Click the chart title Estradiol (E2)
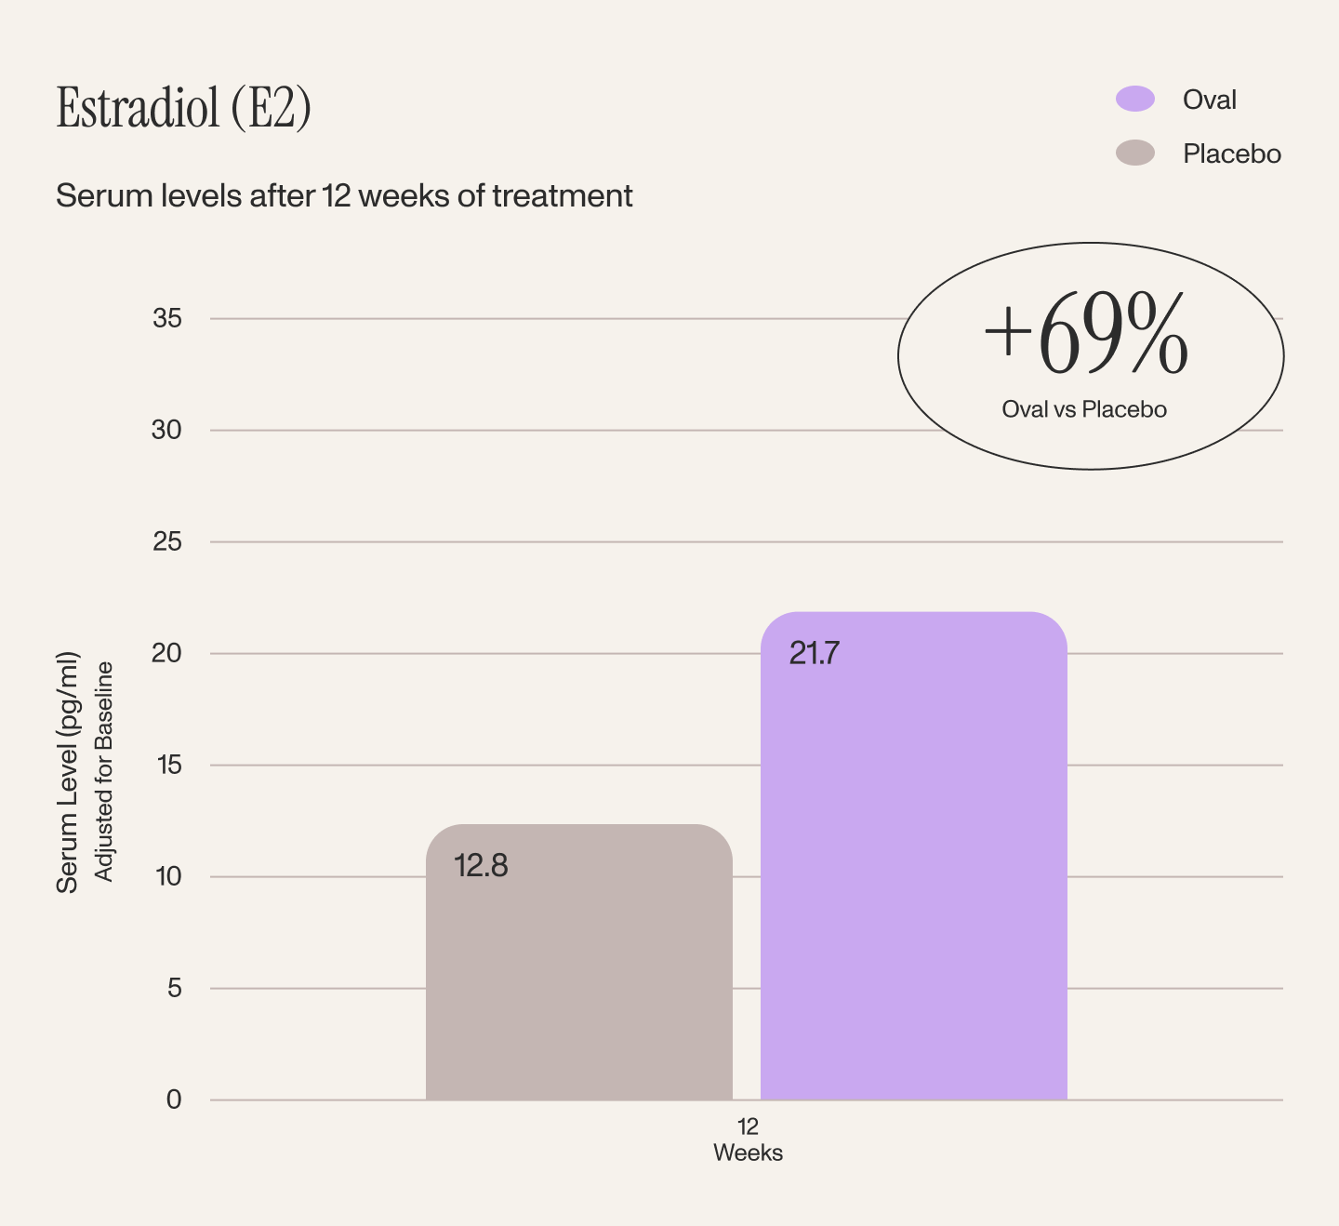tap(183, 108)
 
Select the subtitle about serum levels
tap(344, 196)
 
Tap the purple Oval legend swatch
tap(1134, 99)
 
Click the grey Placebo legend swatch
tap(1134, 153)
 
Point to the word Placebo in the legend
tap(1231, 154)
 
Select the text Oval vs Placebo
tap(1084, 409)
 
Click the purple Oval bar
tap(914, 856)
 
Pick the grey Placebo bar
tap(579, 962)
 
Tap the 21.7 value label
tap(814, 653)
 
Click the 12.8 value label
tap(481, 866)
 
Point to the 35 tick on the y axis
tap(166, 318)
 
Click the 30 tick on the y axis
tap(166, 430)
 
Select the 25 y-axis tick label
tap(166, 541)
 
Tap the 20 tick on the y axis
tap(166, 653)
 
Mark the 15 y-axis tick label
tap(169, 766)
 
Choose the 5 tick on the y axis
tap(174, 988)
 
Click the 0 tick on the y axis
tap(174, 1099)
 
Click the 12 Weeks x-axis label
tap(748, 1139)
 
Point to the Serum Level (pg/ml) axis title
tap(68, 773)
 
